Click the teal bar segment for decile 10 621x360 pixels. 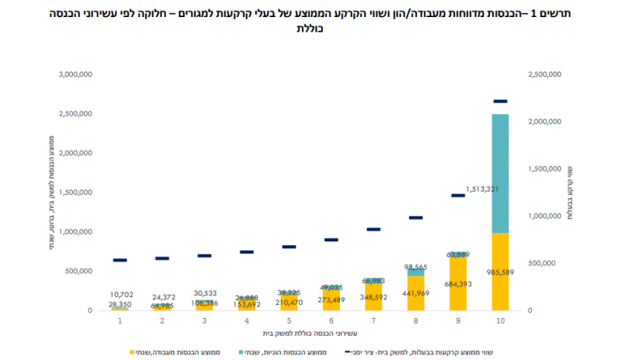pyautogui.click(x=500, y=172)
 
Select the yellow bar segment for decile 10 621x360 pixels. pyautogui.click(x=500, y=272)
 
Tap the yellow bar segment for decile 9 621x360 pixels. pyautogui.click(x=458, y=284)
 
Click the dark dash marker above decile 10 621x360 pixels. pyautogui.click(x=500, y=101)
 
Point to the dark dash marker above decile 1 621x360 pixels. pyautogui.click(x=120, y=260)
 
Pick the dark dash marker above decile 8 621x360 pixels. pyautogui.click(x=415, y=218)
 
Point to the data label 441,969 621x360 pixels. pyautogui.click(x=415, y=293)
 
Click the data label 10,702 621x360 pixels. pyautogui.click(x=120, y=294)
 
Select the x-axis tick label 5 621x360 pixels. pyautogui.click(x=289, y=320)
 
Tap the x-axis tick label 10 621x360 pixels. pyautogui.click(x=500, y=320)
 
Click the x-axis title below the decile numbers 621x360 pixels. pyautogui.click(x=310, y=334)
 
